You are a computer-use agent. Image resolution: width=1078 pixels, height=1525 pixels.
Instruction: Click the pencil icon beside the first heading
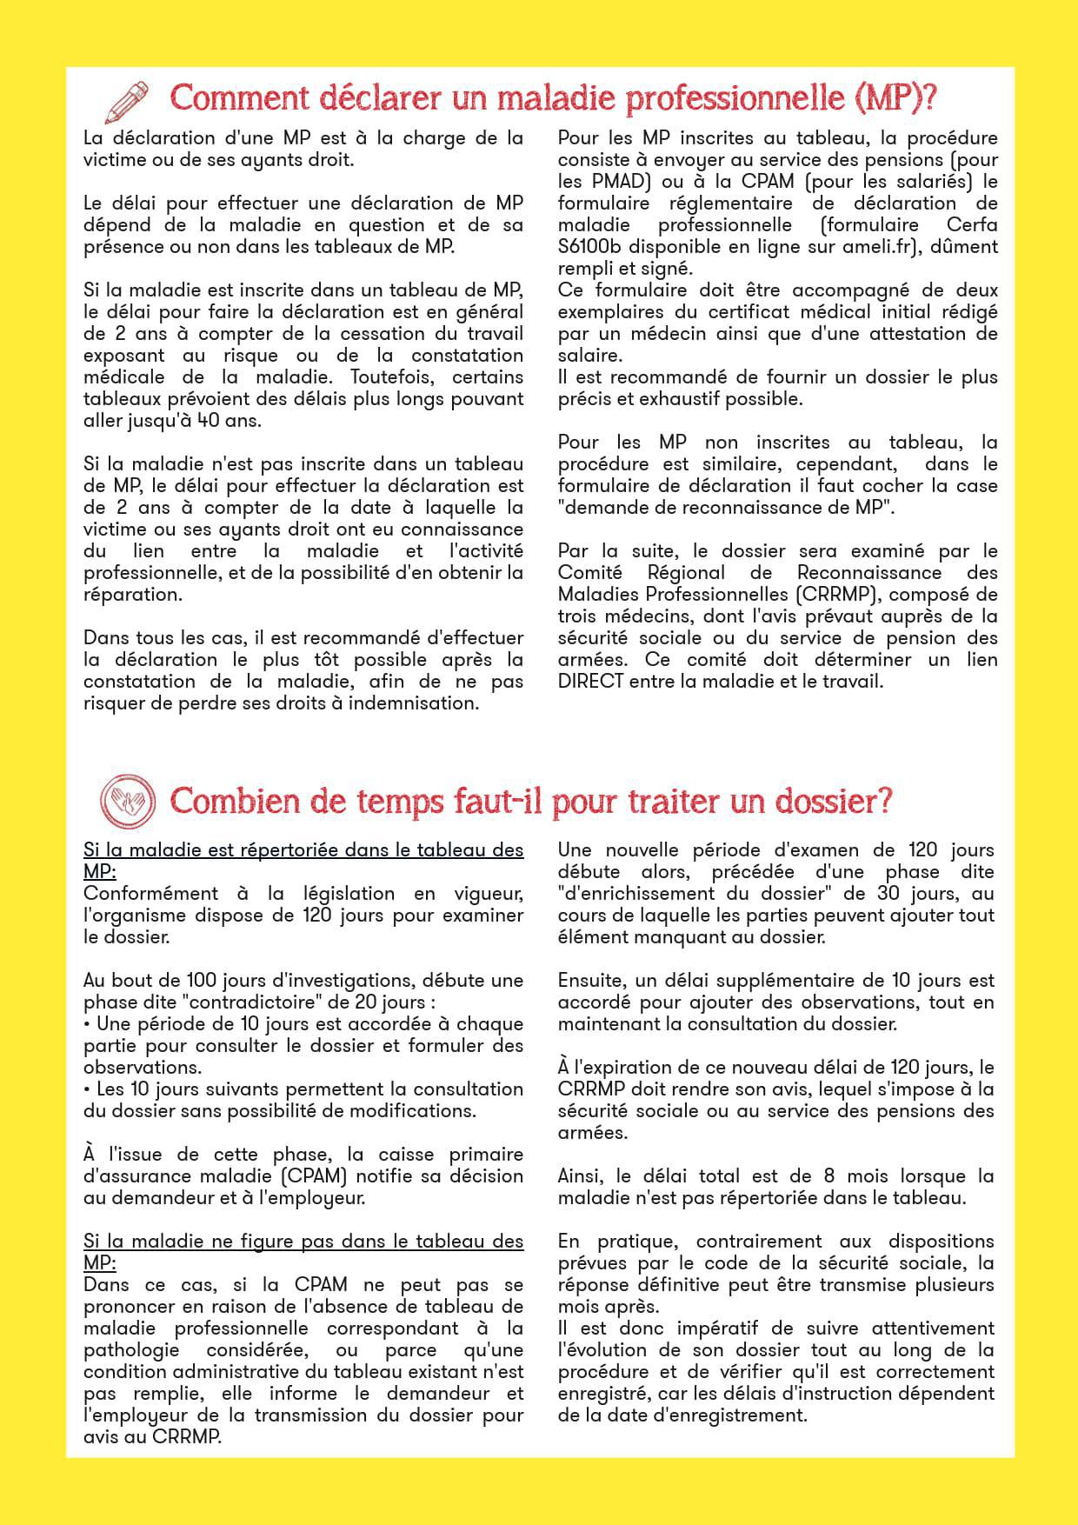pyautogui.click(x=127, y=102)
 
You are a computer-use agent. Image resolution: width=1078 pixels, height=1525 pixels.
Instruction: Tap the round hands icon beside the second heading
pyautogui.click(x=128, y=800)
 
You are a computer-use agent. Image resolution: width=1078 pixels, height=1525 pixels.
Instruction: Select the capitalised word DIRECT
pyautogui.click(x=591, y=682)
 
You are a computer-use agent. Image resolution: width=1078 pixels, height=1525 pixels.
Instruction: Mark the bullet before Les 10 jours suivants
pyautogui.click(x=88, y=1089)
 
